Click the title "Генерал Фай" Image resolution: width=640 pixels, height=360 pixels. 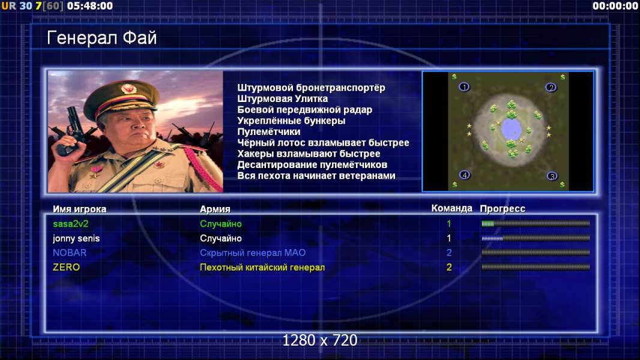click(101, 38)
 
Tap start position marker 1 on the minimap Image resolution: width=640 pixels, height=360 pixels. click(464, 87)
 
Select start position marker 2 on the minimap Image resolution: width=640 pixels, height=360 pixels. click(551, 87)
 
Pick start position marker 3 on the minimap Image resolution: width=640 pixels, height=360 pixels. click(552, 176)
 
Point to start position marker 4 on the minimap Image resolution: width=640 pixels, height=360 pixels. click(465, 175)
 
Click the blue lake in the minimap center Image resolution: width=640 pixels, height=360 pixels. click(510, 129)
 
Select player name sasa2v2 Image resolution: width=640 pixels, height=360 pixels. click(71, 224)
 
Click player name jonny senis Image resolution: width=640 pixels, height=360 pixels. click(76, 239)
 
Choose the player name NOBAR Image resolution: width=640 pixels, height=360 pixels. click(70, 253)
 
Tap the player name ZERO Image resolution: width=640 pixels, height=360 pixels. click(66, 268)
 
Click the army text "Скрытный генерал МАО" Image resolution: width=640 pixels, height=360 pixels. click(253, 253)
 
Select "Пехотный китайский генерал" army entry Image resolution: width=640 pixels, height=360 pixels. click(262, 268)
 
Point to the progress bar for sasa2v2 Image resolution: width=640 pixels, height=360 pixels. click(536, 223)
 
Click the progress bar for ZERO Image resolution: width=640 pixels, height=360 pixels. click(536, 267)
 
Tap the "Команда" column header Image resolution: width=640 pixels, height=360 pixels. click(451, 209)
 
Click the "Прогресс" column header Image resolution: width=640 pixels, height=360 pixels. click(503, 209)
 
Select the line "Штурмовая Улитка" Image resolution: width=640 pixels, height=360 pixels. click(282, 98)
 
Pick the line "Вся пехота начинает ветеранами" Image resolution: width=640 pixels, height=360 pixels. click(316, 176)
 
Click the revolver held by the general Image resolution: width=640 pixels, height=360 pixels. click(71, 130)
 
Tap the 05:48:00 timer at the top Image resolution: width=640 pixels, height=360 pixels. click(90, 6)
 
